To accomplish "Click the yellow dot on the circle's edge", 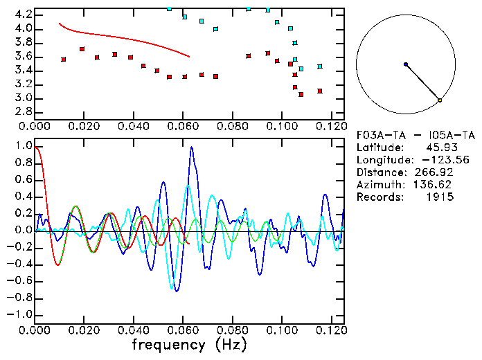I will [x=440, y=101].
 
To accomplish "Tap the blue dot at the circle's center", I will [x=406, y=64].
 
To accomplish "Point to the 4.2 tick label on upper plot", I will [x=24, y=15].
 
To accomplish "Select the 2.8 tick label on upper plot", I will [x=24, y=111].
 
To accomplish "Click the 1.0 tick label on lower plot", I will [x=24, y=147].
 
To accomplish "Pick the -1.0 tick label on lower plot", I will [x=21, y=314].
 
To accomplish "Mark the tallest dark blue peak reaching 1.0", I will [x=192, y=147].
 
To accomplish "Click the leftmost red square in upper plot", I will [x=64, y=60].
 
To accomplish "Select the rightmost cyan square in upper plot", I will [x=319, y=66].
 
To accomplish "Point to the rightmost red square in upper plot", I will [x=319, y=91].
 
